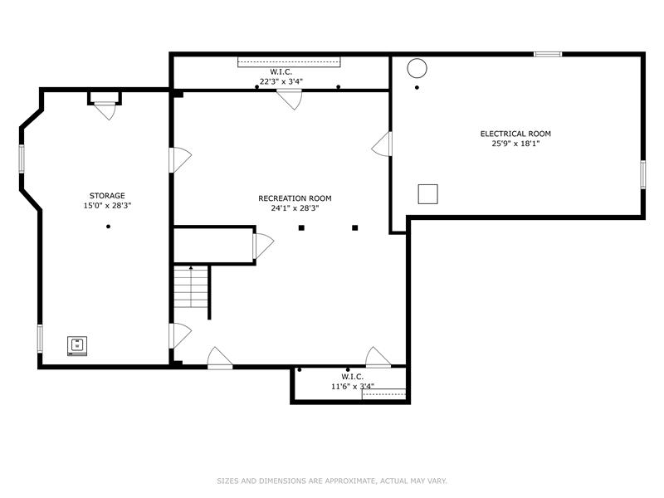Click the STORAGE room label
[x=107, y=196]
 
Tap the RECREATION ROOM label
[x=295, y=198]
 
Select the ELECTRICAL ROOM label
[x=515, y=134]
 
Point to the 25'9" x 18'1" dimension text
[x=515, y=144]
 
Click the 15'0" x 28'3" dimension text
[x=107, y=206]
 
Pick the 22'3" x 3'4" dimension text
[x=281, y=81]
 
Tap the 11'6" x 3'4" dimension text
[x=352, y=386]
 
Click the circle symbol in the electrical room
[x=417, y=68]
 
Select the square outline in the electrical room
[x=427, y=194]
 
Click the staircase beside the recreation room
[x=192, y=287]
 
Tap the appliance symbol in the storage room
[x=77, y=346]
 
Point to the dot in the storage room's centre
[x=109, y=227]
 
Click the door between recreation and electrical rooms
[x=382, y=144]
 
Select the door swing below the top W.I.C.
[x=289, y=100]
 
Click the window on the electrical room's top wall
[x=548, y=54]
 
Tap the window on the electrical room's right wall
[x=642, y=174]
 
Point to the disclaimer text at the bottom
[x=332, y=481]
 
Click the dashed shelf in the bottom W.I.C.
[x=383, y=393]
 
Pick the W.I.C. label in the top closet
[x=281, y=72]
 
